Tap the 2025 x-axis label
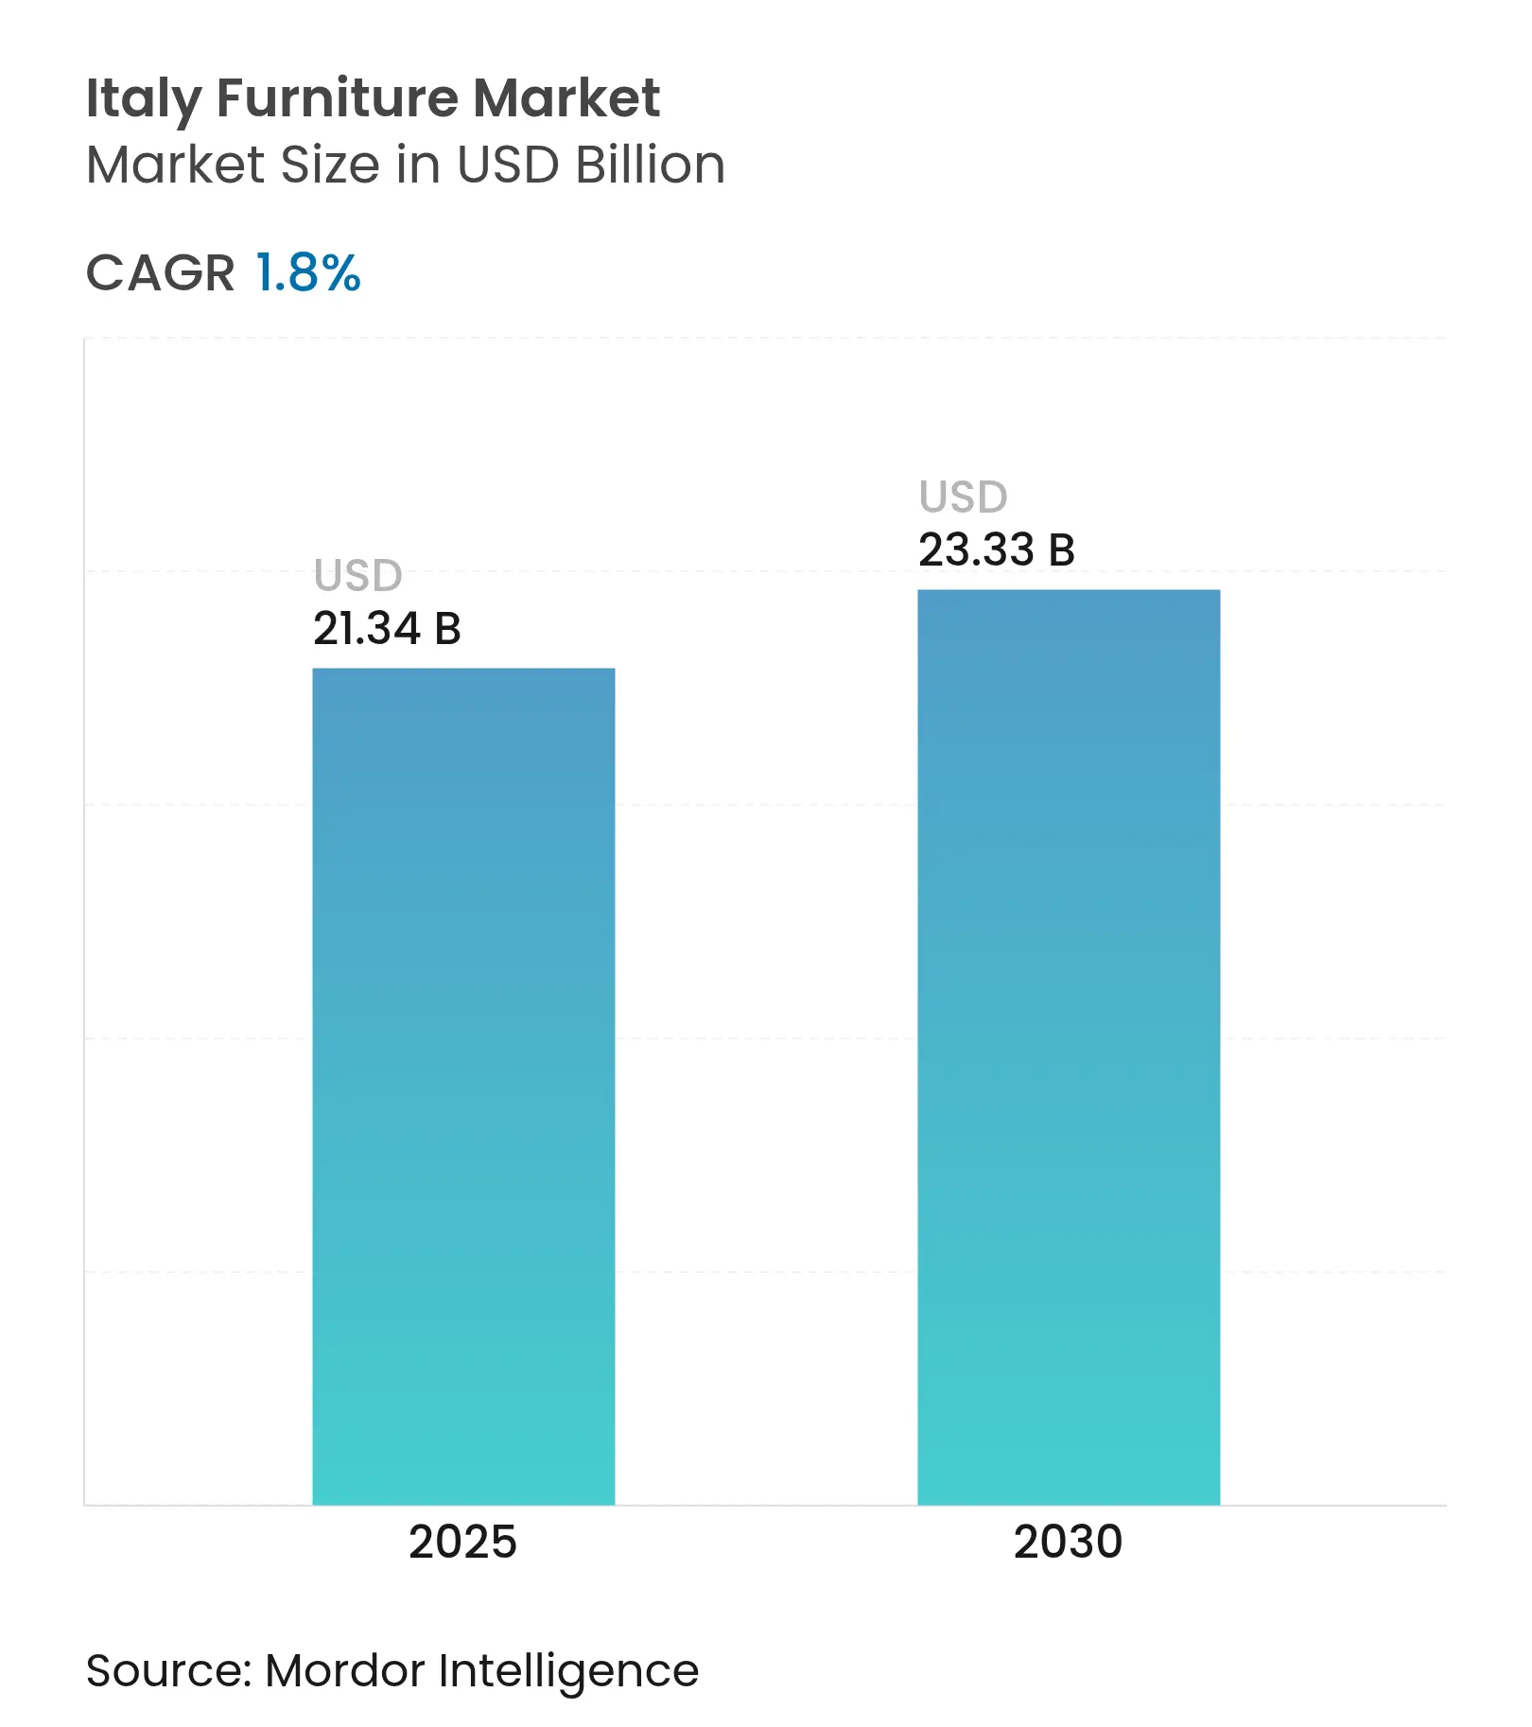(462, 1542)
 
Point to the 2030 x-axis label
(1068, 1542)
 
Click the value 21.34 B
(387, 629)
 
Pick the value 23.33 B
(997, 550)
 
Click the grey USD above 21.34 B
(358, 575)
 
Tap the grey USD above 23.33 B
(964, 497)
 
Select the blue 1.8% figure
(308, 273)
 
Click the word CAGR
(160, 273)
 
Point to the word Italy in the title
(143, 98)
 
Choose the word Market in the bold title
(566, 98)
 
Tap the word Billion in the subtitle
(650, 165)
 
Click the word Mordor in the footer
(344, 1670)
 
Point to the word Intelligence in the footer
(568, 1672)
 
